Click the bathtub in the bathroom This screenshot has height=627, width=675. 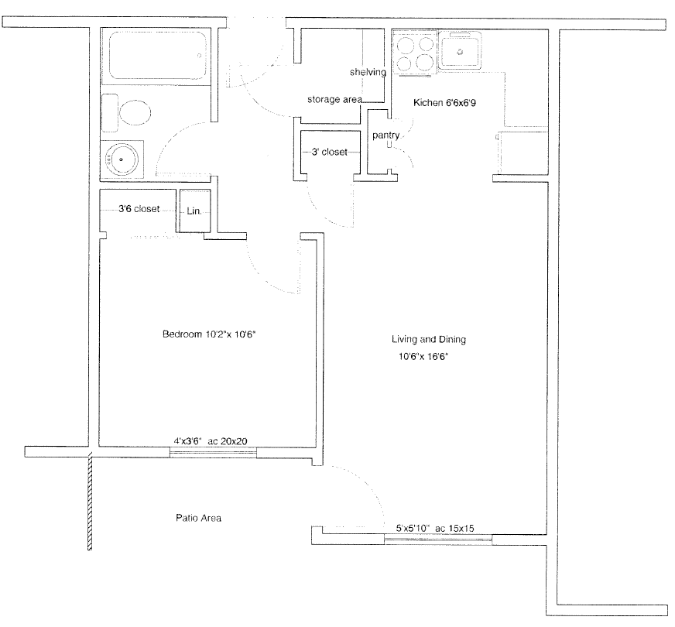pos(158,55)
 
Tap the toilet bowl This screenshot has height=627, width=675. pos(135,113)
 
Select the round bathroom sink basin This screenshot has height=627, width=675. pos(122,159)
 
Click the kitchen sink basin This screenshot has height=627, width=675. pos(460,53)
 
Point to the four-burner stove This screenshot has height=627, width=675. pos(415,53)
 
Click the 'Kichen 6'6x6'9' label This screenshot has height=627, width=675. pos(444,102)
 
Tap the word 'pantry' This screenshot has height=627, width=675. pos(385,135)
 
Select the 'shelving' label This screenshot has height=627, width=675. pos(368,72)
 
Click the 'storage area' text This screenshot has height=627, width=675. pos(334,99)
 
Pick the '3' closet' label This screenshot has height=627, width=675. pos(329,152)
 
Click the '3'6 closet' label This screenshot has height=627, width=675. pos(139,209)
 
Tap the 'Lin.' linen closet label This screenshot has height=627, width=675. pos(194,211)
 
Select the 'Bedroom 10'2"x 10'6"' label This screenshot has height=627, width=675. pos(209,334)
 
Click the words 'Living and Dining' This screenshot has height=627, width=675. pos(429,339)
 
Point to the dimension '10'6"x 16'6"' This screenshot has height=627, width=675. pos(423,356)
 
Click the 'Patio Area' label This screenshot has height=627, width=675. pos(198,518)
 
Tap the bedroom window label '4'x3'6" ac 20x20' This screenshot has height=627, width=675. pos(211,441)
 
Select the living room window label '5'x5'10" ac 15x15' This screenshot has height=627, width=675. pos(435,528)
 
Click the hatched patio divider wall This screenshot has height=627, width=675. pos(90,502)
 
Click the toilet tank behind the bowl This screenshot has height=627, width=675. pos(110,113)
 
